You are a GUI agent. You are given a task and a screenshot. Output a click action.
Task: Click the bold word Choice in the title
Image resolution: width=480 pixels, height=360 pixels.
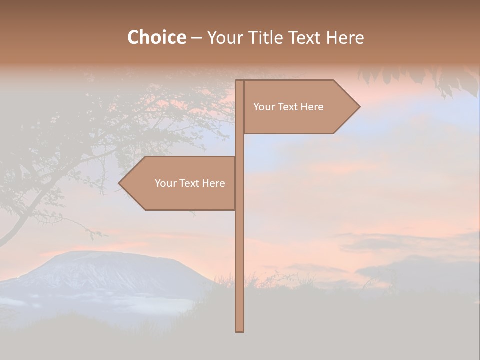click(x=156, y=37)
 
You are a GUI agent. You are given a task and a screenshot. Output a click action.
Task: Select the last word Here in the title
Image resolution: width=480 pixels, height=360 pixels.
click(x=345, y=37)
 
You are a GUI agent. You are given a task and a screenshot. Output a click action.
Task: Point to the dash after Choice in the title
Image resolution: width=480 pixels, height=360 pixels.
click(x=196, y=38)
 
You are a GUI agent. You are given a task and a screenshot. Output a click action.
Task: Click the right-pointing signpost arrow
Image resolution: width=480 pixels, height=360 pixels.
click(x=300, y=107)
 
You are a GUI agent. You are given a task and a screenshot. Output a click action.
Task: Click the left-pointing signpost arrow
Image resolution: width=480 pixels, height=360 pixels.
click(x=180, y=183)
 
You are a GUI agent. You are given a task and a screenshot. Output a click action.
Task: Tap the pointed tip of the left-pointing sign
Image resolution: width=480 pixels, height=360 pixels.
click(x=120, y=183)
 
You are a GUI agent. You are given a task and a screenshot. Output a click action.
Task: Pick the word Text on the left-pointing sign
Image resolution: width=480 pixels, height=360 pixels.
click(x=190, y=183)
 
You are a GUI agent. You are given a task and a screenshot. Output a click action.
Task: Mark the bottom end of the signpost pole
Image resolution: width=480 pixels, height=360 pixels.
click(x=240, y=330)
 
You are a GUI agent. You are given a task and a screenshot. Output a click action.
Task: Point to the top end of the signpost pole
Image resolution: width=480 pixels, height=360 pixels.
click(x=240, y=81)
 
